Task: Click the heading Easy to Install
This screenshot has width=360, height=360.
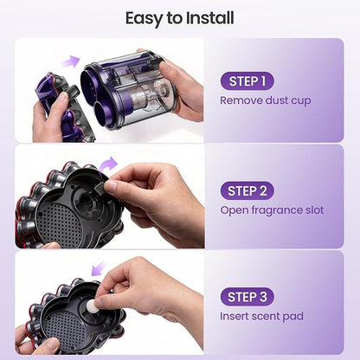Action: pyautogui.click(x=179, y=18)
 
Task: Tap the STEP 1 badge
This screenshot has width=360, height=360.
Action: pyautogui.click(x=247, y=81)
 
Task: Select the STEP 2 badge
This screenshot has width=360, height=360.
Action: pyautogui.click(x=247, y=190)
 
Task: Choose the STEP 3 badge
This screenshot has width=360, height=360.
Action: pyautogui.click(x=247, y=297)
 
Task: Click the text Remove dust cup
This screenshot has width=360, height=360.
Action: pyautogui.click(x=266, y=100)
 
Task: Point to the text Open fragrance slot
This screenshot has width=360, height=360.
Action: pyautogui.click(x=272, y=210)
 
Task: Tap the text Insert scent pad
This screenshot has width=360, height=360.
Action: pyautogui.click(x=261, y=316)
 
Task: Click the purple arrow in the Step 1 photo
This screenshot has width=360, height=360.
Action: pyautogui.click(x=70, y=61)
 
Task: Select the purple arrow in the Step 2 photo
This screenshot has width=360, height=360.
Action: pyautogui.click(x=108, y=164)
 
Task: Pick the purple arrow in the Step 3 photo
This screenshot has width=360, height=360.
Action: pyautogui.click(x=99, y=268)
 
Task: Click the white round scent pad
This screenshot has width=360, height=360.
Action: pyautogui.click(x=93, y=305)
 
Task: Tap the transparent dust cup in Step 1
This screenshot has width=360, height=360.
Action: pyautogui.click(x=128, y=89)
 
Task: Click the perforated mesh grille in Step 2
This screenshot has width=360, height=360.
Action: pyautogui.click(x=60, y=222)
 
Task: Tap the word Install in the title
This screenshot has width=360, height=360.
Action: pyautogui.click(x=210, y=18)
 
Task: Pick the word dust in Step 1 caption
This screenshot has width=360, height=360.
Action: pyautogui.click(x=276, y=100)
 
